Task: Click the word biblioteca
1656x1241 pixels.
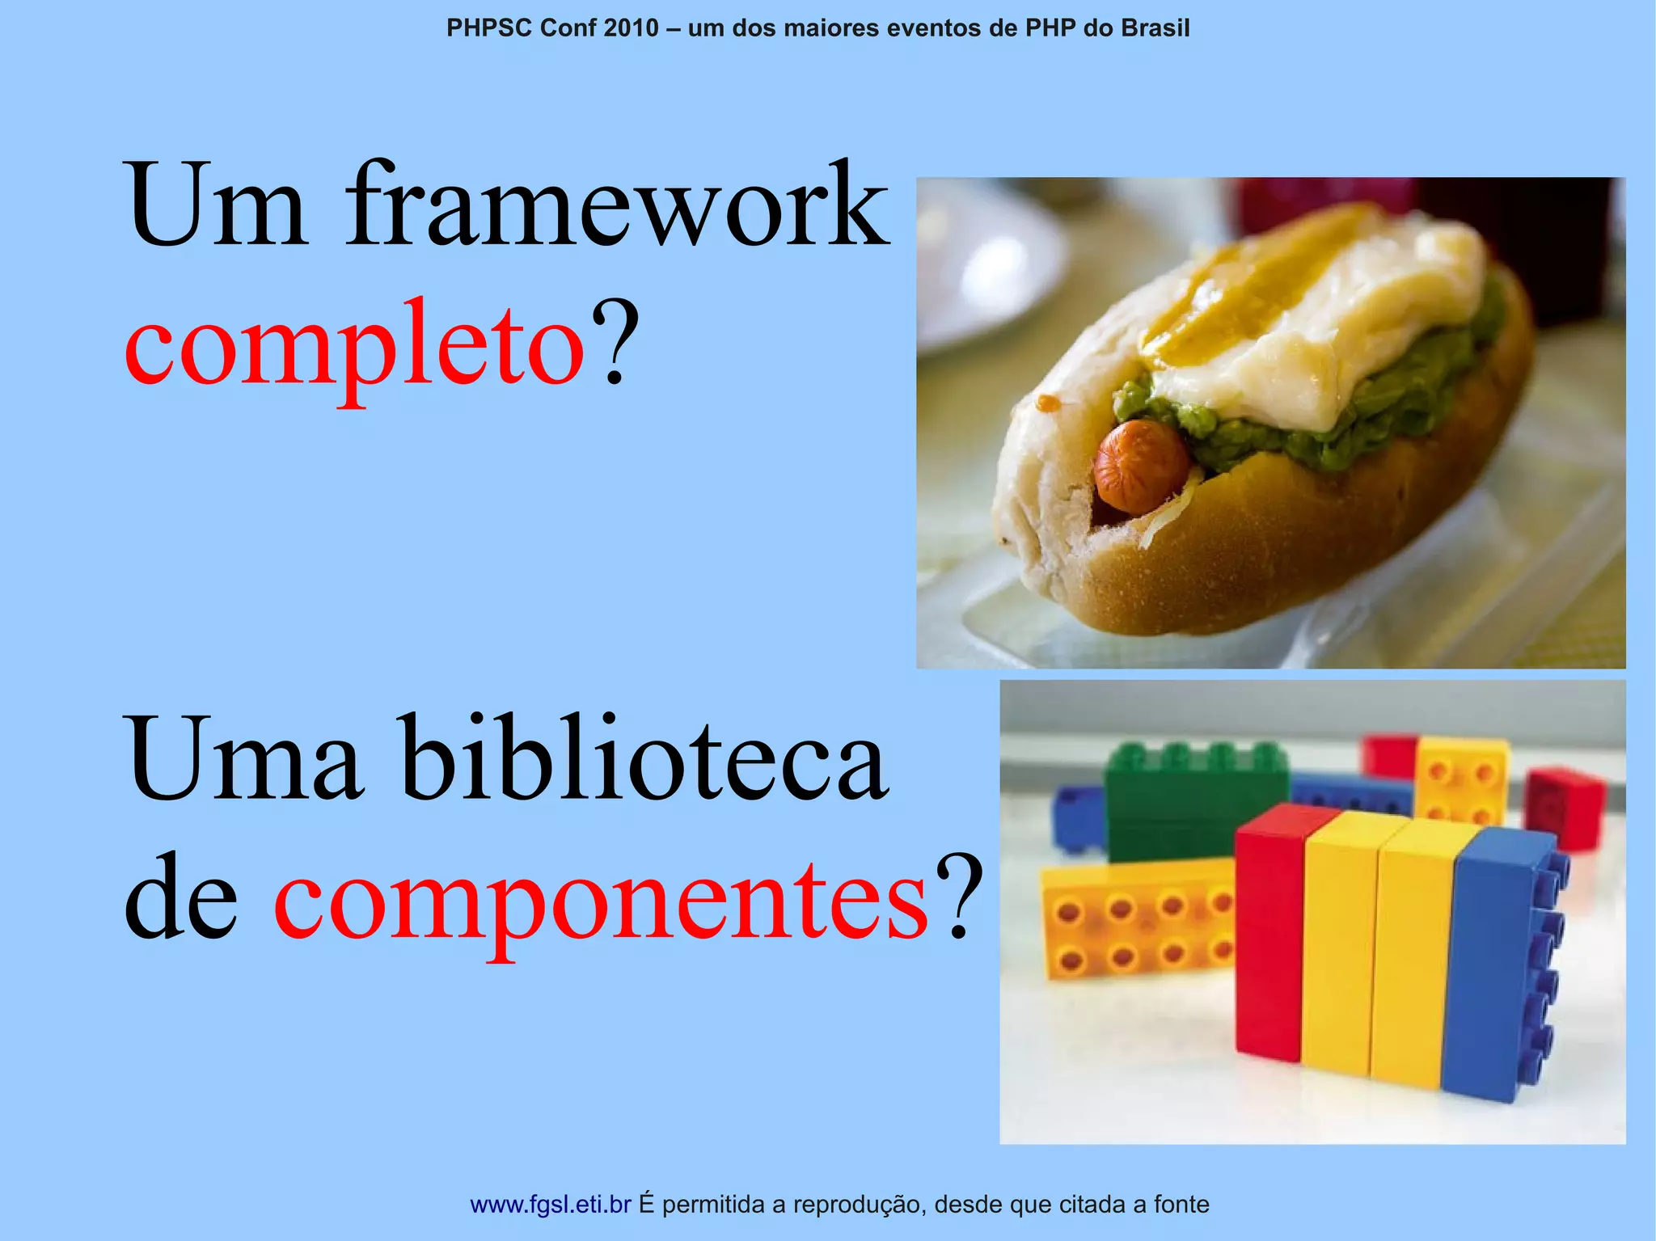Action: (x=644, y=760)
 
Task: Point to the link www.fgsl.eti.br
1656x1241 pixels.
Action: (x=550, y=1205)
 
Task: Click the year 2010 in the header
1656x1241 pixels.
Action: (x=631, y=28)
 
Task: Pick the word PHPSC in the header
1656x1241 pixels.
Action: (x=489, y=28)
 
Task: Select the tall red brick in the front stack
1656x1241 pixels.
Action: (x=1269, y=930)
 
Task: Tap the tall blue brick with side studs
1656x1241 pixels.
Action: (x=1504, y=962)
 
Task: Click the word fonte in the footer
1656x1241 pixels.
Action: (x=1181, y=1205)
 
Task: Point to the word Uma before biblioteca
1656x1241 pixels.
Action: (x=243, y=760)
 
